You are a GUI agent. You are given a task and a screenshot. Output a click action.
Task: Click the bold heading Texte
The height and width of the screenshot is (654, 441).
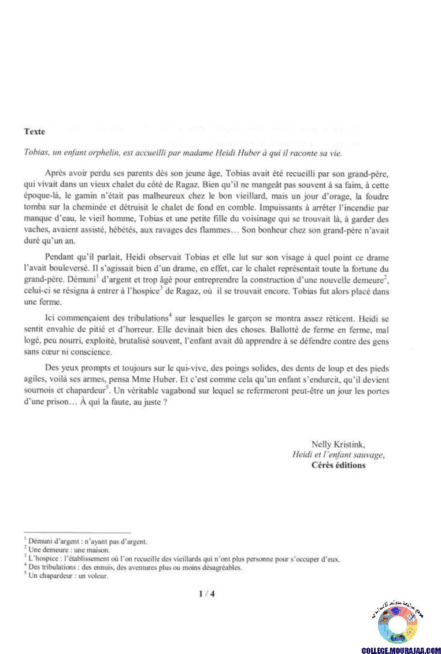(x=35, y=131)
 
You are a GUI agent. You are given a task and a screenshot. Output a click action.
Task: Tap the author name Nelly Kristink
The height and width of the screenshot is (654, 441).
(x=338, y=444)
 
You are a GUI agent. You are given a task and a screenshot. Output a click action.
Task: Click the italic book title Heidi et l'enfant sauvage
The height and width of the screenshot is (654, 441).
(x=339, y=455)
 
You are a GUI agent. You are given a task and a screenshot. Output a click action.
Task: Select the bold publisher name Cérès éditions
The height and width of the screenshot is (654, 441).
(x=338, y=465)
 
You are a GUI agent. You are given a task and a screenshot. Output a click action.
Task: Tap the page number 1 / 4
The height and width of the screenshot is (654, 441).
(x=206, y=593)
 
